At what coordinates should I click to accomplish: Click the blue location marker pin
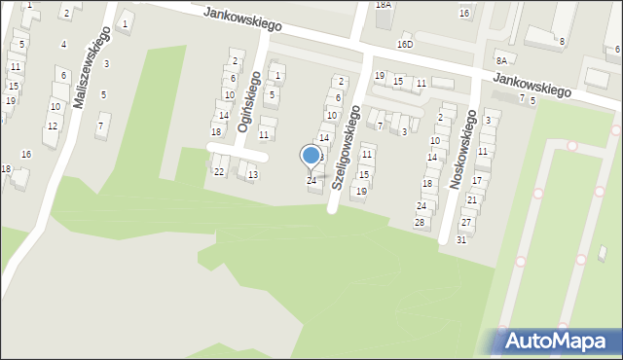point(311,156)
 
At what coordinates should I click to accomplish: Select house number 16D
point(404,44)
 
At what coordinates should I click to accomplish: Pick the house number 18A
point(384,5)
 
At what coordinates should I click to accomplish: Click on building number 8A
point(500,60)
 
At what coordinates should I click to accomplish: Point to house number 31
point(461,239)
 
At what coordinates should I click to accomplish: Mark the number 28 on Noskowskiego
point(421,223)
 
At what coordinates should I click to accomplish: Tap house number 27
point(466,223)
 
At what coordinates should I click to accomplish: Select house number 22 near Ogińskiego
point(219,171)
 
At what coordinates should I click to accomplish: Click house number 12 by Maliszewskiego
point(53,126)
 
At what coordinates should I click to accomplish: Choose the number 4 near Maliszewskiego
point(64,44)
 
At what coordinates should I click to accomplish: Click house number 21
point(471,199)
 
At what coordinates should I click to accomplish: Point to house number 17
point(477,180)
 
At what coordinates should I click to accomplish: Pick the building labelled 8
point(562,41)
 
